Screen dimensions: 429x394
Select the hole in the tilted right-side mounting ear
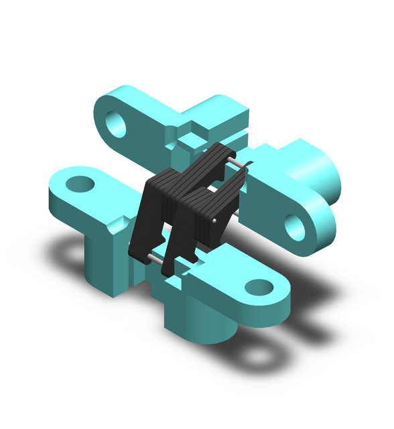pos(295,227)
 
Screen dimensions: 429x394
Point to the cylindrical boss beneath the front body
pos(202,322)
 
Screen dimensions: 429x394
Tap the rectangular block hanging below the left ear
pos(104,261)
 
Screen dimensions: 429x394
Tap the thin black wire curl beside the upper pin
pos(248,166)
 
